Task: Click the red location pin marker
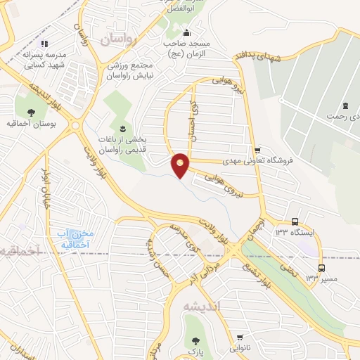point(181,165)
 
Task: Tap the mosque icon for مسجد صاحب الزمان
point(186,32)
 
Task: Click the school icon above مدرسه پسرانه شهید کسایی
point(44,43)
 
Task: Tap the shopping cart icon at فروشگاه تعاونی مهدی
point(258,149)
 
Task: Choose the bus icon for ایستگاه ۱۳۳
point(295,221)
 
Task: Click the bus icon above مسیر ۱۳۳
point(322,268)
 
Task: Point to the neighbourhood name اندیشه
point(201,307)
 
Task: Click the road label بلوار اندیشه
point(42,91)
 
